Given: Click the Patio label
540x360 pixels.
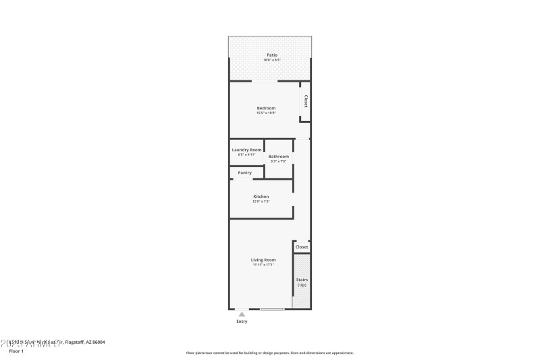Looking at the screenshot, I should [x=271, y=55].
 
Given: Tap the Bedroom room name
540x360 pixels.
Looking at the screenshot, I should [x=266, y=108].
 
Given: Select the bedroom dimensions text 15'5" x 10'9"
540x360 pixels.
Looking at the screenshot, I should [x=266, y=113].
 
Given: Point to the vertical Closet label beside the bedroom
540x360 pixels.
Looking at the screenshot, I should [x=305, y=101].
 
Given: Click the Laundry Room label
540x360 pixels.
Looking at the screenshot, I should [x=246, y=150].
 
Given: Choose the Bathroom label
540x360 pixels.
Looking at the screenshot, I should [x=279, y=157].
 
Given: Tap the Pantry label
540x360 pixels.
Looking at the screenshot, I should [x=244, y=173].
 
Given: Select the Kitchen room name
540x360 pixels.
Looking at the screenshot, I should [x=261, y=197].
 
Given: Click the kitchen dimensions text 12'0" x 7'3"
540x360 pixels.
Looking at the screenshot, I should [x=261, y=201].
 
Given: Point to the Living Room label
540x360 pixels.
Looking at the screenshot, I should [x=263, y=260].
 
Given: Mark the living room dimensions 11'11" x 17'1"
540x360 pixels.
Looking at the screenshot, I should [x=263, y=265].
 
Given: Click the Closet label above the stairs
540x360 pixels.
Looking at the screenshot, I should [x=302, y=247].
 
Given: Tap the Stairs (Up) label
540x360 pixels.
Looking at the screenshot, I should [x=302, y=282].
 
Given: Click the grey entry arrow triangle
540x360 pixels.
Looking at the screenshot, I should [x=242, y=313].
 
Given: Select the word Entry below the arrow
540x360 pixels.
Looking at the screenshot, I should [x=242, y=322].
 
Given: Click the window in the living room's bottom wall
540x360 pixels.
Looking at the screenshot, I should [x=272, y=309].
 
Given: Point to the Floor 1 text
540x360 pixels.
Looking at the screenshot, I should [x=16, y=351].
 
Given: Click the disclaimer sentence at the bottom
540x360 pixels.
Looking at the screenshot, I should [x=269, y=353].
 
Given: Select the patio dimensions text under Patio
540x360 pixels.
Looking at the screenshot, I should [x=271, y=60].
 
